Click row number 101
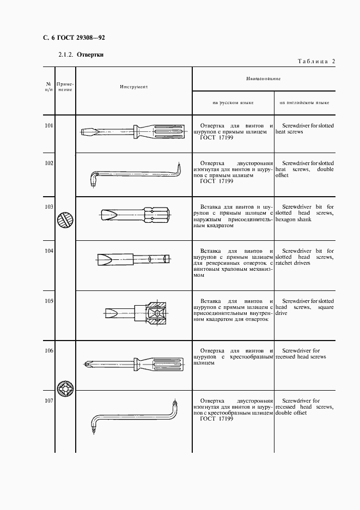point(48,126)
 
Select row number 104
point(48,251)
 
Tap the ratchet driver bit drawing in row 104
point(134,258)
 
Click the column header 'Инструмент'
point(133,86)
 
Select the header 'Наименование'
point(263,78)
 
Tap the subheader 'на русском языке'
point(233,102)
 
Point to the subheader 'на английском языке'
point(304,102)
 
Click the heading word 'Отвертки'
point(90,54)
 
